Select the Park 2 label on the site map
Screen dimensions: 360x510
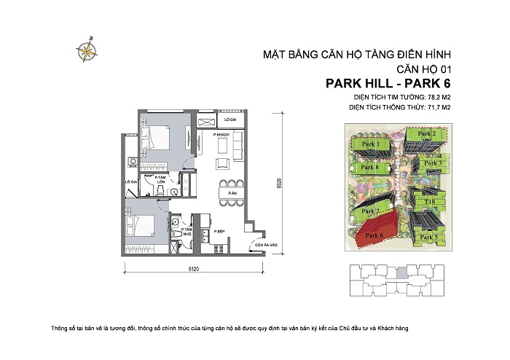pyautogui.click(x=426, y=134)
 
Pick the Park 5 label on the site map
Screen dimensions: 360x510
pyautogui.click(x=429, y=237)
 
